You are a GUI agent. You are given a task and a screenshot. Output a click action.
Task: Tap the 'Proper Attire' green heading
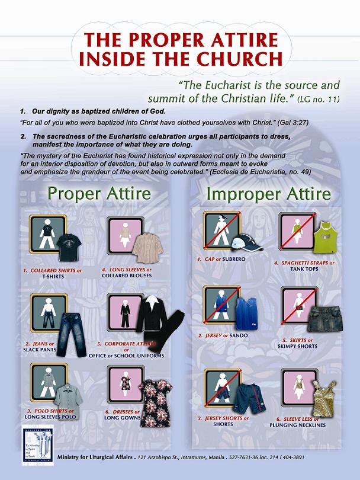click(x=99, y=194)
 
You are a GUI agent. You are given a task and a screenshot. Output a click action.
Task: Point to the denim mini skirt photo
click(x=322, y=318)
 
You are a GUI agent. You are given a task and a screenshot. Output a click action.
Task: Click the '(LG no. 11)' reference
click(x=320, y=99)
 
